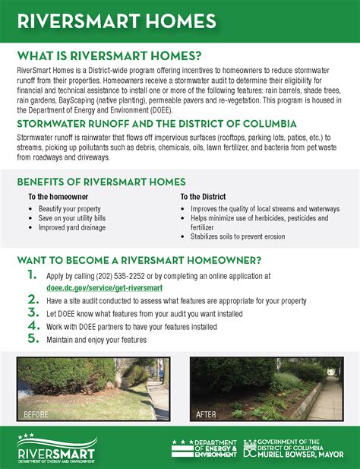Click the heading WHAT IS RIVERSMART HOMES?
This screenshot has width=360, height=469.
coord(109,55)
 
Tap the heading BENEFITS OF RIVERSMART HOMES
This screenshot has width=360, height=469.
coord(101,182)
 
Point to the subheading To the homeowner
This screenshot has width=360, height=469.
coord(57,196)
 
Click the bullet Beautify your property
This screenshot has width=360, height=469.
coord(70,208)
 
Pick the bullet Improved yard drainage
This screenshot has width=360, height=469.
coord(72,227)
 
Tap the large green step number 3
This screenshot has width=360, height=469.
coord(31,312)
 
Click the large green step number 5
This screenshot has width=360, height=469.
coord(31,338)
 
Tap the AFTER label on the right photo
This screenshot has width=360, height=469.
coord(206,415)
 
